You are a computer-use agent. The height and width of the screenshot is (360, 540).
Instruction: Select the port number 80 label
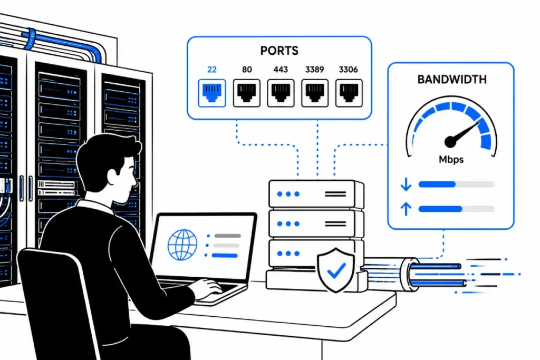coord(247,70)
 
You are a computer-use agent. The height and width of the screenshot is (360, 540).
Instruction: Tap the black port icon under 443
coord(281,93)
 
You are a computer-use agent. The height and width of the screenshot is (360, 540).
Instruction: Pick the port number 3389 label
coord(314,70)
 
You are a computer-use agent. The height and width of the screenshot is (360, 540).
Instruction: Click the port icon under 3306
coord(349,93)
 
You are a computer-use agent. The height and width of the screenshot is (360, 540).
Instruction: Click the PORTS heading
coord(279,51)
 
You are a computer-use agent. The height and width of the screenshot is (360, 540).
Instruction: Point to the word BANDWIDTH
coord(452,80)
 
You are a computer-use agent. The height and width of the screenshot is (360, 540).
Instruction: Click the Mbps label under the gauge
coord(451,159)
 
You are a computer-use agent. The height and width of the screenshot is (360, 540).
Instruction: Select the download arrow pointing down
coord(406,184)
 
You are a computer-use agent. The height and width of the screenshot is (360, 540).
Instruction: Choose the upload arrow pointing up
coord(406,209)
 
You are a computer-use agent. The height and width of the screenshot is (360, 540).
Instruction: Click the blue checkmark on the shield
coord(336,270)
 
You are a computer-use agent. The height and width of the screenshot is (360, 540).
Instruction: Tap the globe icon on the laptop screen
coord(182,245)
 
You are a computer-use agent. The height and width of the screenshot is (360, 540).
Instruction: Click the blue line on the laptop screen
coord(225,255)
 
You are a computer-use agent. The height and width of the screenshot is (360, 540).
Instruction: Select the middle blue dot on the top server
coord(288,194)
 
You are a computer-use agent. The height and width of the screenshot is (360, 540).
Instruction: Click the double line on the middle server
coord(335,223)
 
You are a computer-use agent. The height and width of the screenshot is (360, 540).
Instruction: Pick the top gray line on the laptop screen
coord(228,236)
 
